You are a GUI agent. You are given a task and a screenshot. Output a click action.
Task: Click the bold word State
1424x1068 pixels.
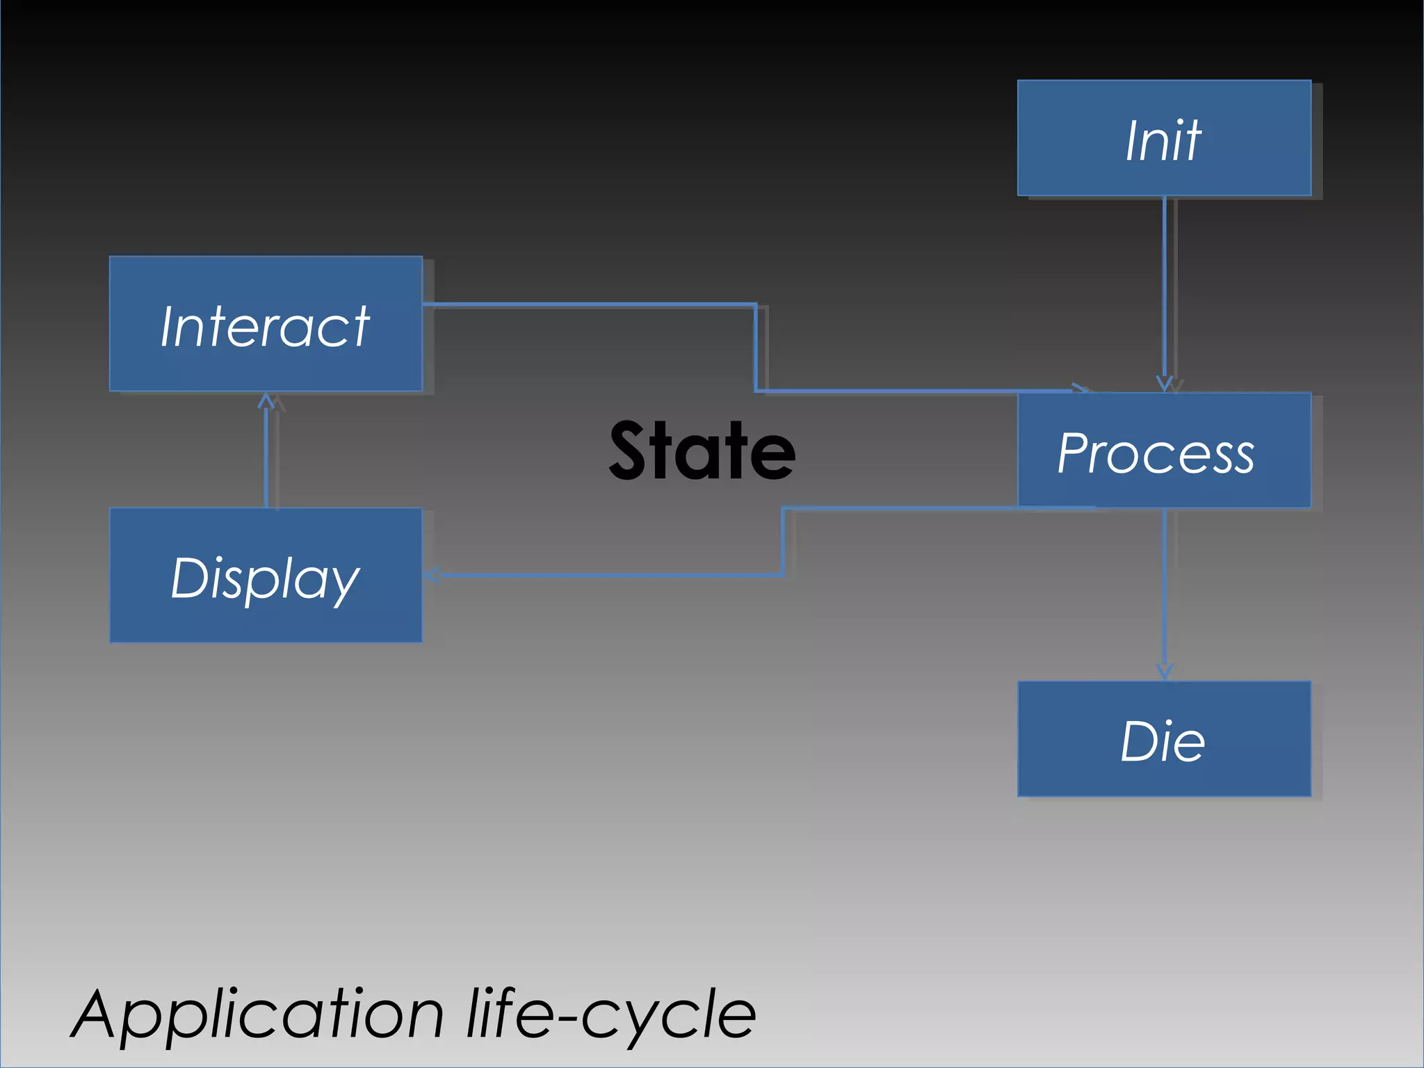[702, 451]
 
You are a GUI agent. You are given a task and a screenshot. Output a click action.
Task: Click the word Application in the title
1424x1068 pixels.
[257, 1015]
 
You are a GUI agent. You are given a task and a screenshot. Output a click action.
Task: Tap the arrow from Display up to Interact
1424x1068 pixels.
[266, 452]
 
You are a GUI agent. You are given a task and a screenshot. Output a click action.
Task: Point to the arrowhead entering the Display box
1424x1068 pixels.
[431, 575]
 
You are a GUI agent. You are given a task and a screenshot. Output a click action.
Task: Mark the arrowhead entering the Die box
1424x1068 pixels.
[1165, 672]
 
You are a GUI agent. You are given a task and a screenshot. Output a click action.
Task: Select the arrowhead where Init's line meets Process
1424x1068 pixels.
[1165, 384]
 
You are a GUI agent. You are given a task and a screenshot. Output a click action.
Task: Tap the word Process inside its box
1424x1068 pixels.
[1156, 453]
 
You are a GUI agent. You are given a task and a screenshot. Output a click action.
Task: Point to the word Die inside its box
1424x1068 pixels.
[1163, 741]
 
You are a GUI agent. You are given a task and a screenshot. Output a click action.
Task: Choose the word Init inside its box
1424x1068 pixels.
[1163, 141]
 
